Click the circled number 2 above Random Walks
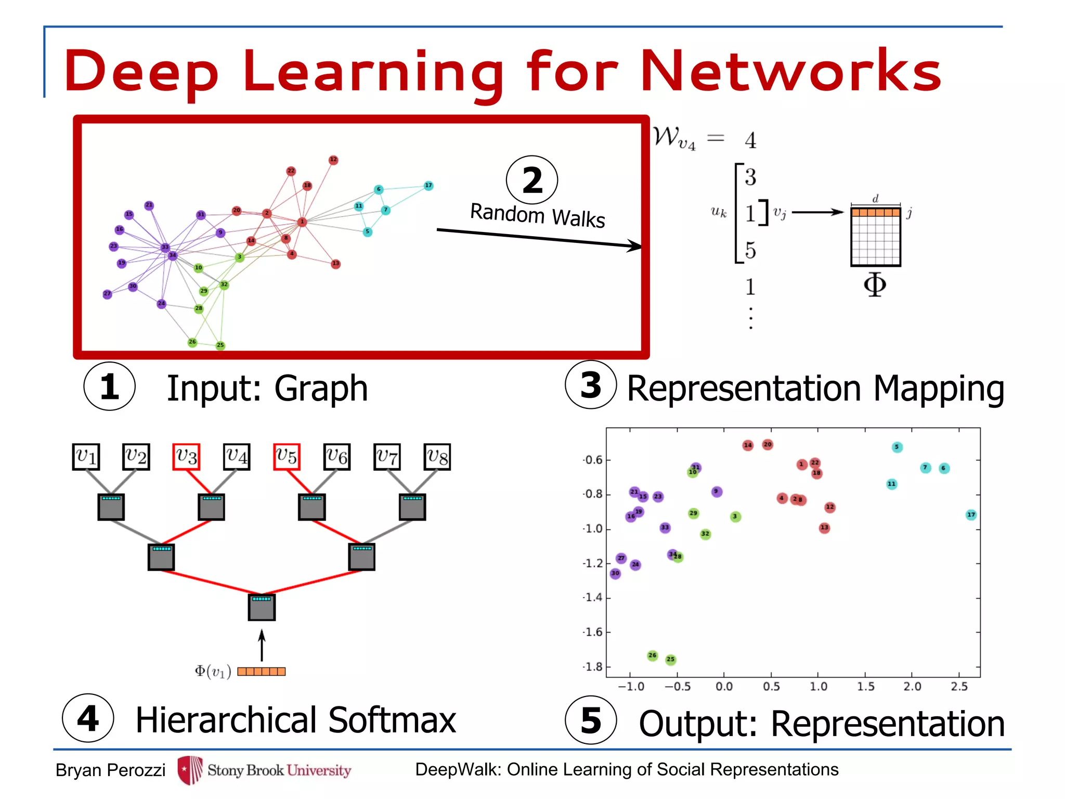point(532,181)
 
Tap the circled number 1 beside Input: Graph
point(109,386)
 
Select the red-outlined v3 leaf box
point(186,457)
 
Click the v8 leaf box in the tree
point(437,457)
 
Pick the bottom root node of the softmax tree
point(262,607)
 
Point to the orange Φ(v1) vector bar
point(262,671)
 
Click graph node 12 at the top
point(333,160)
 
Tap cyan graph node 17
point(428,186)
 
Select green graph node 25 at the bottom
point(220,345)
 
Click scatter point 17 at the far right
point(971,515)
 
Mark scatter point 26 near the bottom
point(653,655)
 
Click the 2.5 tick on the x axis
point(959,687)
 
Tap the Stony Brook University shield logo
point(190,770)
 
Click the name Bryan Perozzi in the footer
point(110,770)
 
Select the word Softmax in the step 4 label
point(392,720)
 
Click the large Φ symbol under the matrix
point(875,285)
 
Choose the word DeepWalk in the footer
point(457,769)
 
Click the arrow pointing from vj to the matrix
point(817,212)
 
